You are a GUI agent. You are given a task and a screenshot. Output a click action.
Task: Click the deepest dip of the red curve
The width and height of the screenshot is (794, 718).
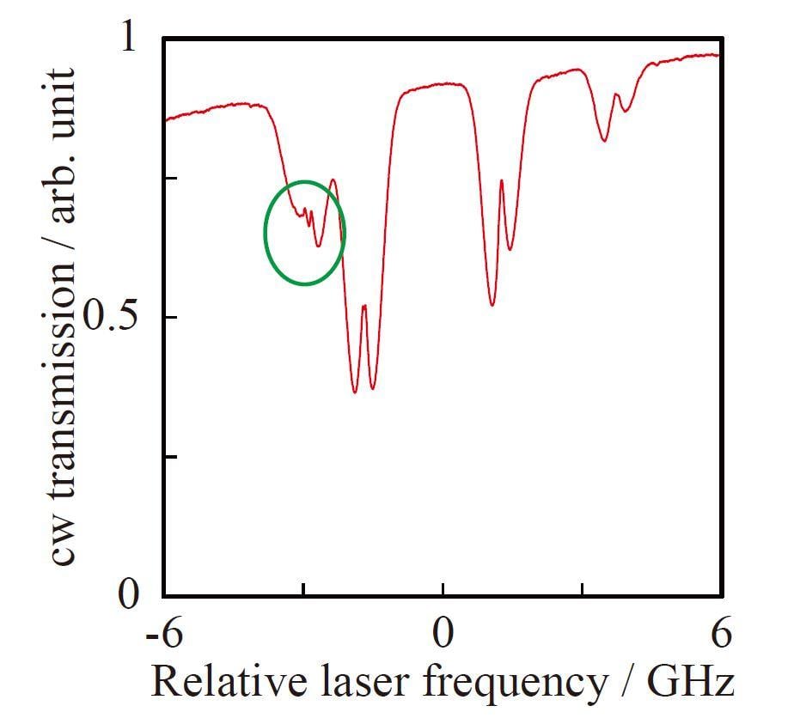355,392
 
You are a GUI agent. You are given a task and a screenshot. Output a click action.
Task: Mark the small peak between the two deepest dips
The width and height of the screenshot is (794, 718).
364,306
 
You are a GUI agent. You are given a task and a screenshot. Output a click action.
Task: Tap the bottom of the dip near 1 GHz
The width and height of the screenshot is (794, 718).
492,305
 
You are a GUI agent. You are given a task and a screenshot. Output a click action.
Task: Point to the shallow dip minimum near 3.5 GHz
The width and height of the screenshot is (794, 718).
605,140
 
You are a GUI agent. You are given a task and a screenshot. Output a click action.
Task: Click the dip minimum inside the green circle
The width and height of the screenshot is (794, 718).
319,246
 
